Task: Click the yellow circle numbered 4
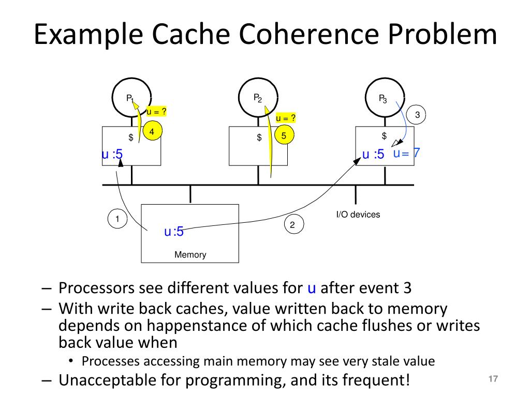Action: pyautogui.click(x=152, y=132)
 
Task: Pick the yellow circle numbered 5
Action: pyautogui.click(x=284, y=136)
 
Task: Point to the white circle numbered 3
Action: pyautogui.click(x=417, y=115)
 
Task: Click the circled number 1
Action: pyautogui.click(x=117, y=219)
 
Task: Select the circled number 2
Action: pyautogui.click(x=292, y=225)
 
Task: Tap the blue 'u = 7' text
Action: pyautogui.click(x=406, y=153)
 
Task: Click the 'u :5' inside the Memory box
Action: pyautogui.click(x=174, y=232)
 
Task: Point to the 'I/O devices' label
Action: pyautogui.click(x=358, y=214)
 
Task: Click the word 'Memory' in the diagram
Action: pyautogui.click(x=190, y=254)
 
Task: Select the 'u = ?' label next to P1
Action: pyautogui.click(x=156, y=111)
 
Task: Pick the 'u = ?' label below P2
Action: pyautogui.click(x=286, y=118)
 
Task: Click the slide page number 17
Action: pyautogui.click(x=493, y=379)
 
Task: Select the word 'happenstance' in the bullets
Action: pyautogui.click(x=197, y=326)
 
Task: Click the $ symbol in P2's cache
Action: pyautogui.click(x=258, y=138)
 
